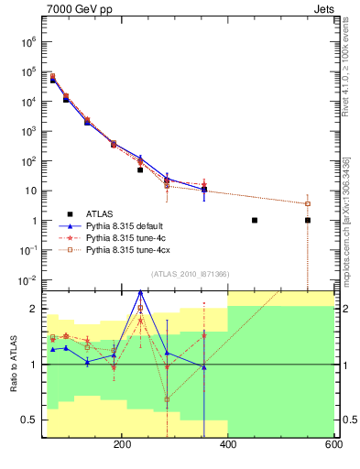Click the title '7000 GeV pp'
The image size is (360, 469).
pyautogui.click(x=76, y=8)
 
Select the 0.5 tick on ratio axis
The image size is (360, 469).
pyautogui.click(x=28, y=420)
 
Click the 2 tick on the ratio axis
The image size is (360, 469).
pyautogui.click(x=33, y=310)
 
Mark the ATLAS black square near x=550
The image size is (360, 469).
pyautogui.click(x=308, y=220)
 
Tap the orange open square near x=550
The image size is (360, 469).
pyautogui.click(x=308, y=203)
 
